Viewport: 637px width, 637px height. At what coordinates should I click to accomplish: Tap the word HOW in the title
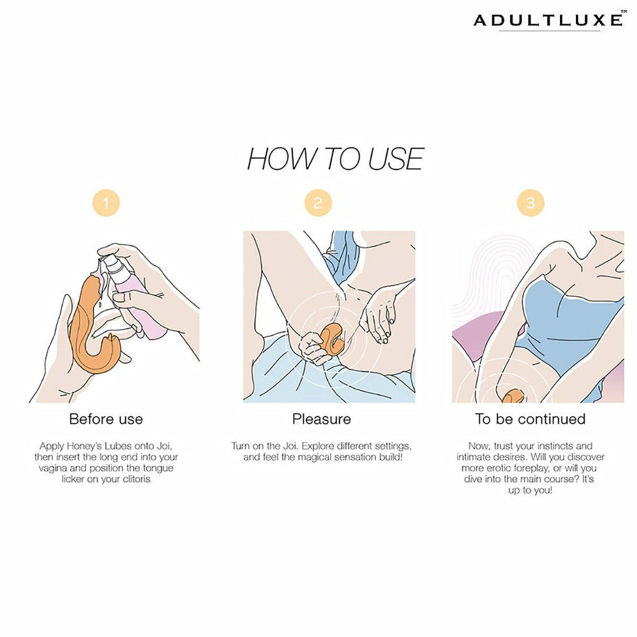pos(276,159)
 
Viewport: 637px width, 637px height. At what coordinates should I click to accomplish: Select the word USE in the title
pos(395,159)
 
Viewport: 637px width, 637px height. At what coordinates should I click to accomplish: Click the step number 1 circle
pos(106,203)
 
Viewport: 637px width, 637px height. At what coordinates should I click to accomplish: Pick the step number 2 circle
pos(318,203)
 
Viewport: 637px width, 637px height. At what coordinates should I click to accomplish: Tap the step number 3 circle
pos(530,203)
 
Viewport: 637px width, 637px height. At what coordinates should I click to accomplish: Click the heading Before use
pos(106,419)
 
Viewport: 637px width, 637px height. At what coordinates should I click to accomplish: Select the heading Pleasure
pos(321,419)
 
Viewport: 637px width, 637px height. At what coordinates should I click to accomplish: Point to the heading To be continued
pos(530,419)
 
